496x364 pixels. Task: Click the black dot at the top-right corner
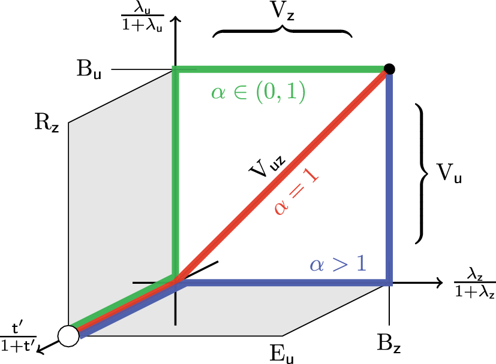pos(389,69)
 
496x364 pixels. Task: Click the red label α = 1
pos(296,192)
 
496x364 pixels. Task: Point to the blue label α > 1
pos(338,264)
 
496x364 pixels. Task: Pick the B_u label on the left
pos(89,69)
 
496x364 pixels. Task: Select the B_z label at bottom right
pos(389,344)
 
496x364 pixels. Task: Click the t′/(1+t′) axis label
pos(18,339)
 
